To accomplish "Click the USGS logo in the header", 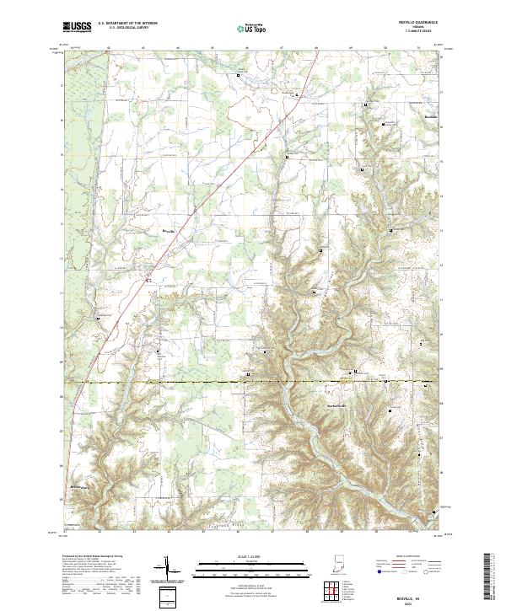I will (78, 27).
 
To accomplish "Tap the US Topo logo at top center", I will (252, 28).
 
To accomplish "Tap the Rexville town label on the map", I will (168, 229).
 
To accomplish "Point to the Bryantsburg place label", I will (79, 486).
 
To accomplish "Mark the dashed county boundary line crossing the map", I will (211, 382).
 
